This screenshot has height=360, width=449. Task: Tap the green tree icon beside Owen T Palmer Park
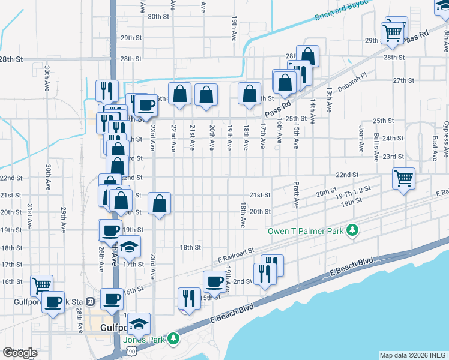pos(354,230)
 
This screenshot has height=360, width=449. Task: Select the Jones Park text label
pos(144,339)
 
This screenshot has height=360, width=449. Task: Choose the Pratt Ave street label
pos(297,196)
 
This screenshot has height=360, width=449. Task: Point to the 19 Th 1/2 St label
pos(353,196)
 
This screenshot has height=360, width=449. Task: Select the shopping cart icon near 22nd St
pos(404,178)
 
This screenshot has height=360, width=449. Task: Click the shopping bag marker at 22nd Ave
pos(179,94)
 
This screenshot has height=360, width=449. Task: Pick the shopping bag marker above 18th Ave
pos(249,94)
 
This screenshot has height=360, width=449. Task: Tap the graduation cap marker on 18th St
pos(129,246)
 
